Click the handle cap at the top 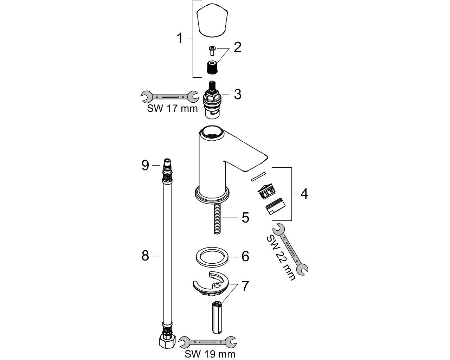212,20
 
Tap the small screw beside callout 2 212,51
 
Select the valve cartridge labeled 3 212,99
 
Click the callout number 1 179,38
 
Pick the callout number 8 145,256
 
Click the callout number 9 145,165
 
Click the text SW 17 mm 172,108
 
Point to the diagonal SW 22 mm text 281,258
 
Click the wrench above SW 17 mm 169,97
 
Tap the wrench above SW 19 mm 208,342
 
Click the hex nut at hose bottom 167,342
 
